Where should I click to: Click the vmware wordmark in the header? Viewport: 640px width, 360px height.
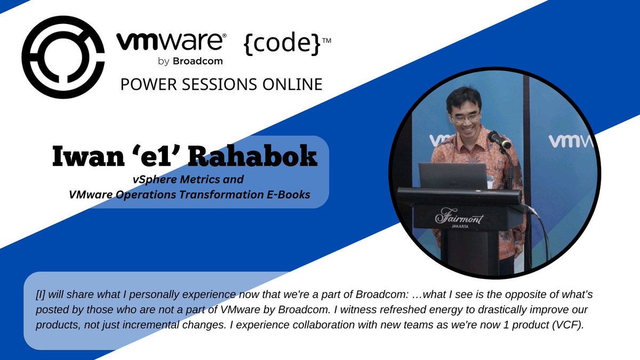pos(171,42)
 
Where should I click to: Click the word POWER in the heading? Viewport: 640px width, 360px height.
pos(144,84)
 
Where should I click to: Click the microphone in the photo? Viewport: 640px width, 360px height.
pos(499,140)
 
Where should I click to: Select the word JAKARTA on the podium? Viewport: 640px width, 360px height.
pos(459,226)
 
